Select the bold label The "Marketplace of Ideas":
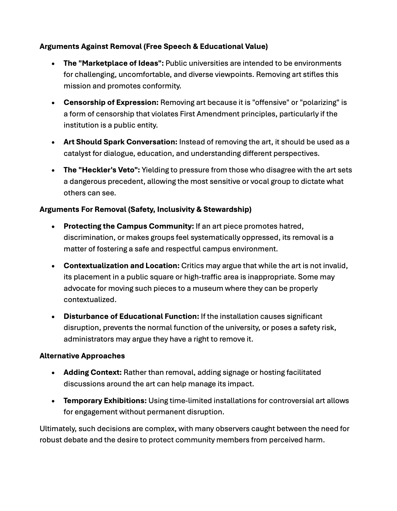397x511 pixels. [114, 63]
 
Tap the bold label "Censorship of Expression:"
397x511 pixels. [111, 103]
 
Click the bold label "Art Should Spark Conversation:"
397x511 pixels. [120, 142]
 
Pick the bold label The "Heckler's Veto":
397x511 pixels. [102, 170]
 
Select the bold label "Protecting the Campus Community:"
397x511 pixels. [129, 226]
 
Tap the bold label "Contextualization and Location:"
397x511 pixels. [121, 266]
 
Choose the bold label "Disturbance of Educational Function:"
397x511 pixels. [131, 317]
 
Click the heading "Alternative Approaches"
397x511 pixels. [82, 356]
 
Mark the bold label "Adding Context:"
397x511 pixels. [92, 372]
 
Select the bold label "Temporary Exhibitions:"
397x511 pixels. [105, 401]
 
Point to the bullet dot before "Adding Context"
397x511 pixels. [53, 373]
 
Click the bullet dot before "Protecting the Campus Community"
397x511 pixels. [53, 227]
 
